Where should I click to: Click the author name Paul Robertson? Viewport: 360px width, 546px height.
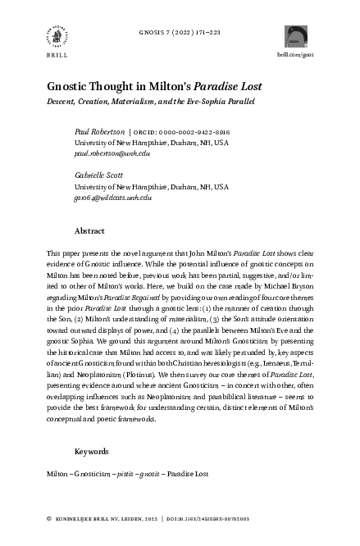point(99,130)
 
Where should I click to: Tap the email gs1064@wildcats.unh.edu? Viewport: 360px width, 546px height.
point(113,198)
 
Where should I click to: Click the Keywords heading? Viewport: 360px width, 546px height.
point(92,451)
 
